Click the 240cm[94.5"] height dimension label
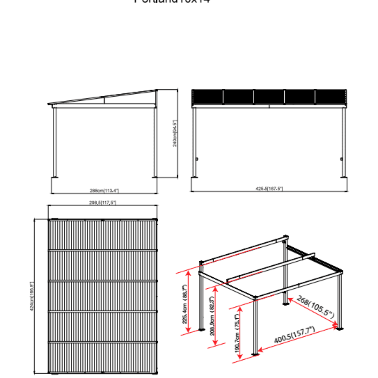click(175, 133)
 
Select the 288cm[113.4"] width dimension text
click(104, 191)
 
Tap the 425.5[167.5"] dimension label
click(269, 188)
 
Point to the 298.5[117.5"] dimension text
click(103, 202)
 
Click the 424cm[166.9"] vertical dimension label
click(32, 296)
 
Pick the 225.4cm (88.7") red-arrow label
click(185, 304)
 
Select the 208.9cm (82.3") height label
click(212, 316)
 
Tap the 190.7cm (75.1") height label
click(237, 333)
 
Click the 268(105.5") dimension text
click(315, 307)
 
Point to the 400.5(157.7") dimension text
click(295, 335)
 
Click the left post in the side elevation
click(55, 142)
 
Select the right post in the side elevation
click(155, 142)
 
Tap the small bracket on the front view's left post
click(197, 159)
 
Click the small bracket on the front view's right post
click(342, 159)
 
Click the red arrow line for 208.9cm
click(215, 316)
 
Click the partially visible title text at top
click(172, 1)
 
